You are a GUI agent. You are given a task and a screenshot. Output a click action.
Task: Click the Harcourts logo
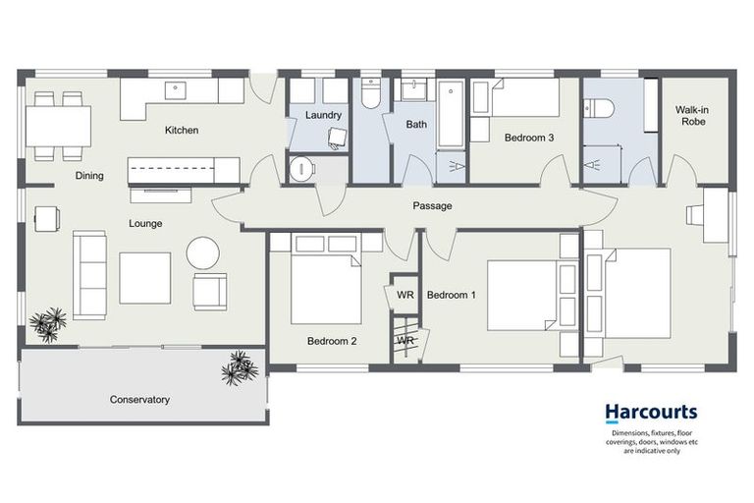[x=651, y=414]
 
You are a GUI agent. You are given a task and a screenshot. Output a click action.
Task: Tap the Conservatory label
[x=139, y=400]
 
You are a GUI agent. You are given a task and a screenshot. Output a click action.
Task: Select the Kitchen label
[x=182, y=130]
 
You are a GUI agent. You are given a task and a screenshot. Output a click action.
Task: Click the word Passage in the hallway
[x=432, y=206]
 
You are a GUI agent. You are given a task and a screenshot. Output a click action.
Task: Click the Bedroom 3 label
[x=529, y=139]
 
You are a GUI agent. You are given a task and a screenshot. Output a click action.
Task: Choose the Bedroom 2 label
[x=332, y=342]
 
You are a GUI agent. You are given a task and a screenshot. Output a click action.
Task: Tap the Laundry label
[x=323, y=116]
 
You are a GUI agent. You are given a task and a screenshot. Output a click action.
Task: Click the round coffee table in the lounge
[x=204, y=252]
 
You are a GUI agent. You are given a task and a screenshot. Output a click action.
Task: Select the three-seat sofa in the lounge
[x=89, y=274]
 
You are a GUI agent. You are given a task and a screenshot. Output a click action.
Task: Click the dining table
[x=58, y=125]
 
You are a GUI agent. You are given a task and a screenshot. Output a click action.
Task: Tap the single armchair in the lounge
[x=210, y=291]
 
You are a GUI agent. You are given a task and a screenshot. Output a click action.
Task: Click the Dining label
[x=89, y=176]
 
